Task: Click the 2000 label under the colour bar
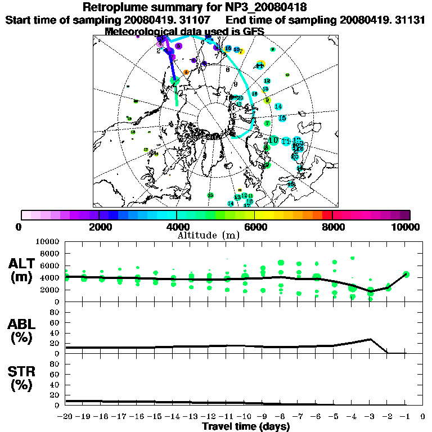pos(99,227)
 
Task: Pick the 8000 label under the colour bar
pos(332,227)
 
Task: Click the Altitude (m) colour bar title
pos(208,235)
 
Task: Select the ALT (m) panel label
pos(23,270)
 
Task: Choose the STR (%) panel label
pos(23,378)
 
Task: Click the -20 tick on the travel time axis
pos(66,417)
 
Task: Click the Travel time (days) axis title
pos(246,427)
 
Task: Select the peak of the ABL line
pos(370,339)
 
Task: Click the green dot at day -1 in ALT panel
pos(406,274)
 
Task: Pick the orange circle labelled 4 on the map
pos(186,72)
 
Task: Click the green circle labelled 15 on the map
pos(210,195)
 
